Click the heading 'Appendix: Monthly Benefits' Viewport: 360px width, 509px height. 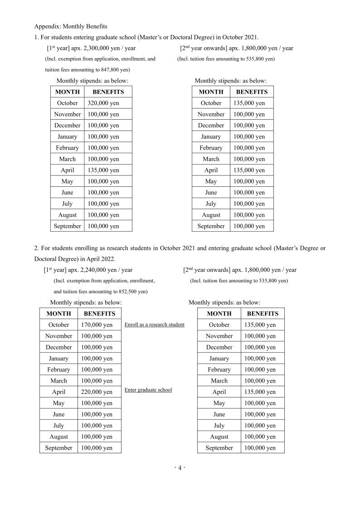tap(71, 26)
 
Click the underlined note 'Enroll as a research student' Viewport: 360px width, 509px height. tap(154, 325)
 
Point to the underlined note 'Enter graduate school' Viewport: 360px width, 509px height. tap(148, 390)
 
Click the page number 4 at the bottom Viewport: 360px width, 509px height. tap(180, 468)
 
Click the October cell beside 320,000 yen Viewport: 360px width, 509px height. tap(67, 103)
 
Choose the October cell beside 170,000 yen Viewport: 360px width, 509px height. tap(58, 325)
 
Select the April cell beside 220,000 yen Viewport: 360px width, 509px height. tap(58, 392)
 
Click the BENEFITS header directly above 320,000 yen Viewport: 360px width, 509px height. tap(108, 92)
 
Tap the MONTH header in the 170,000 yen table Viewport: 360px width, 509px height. tap(58, 313)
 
